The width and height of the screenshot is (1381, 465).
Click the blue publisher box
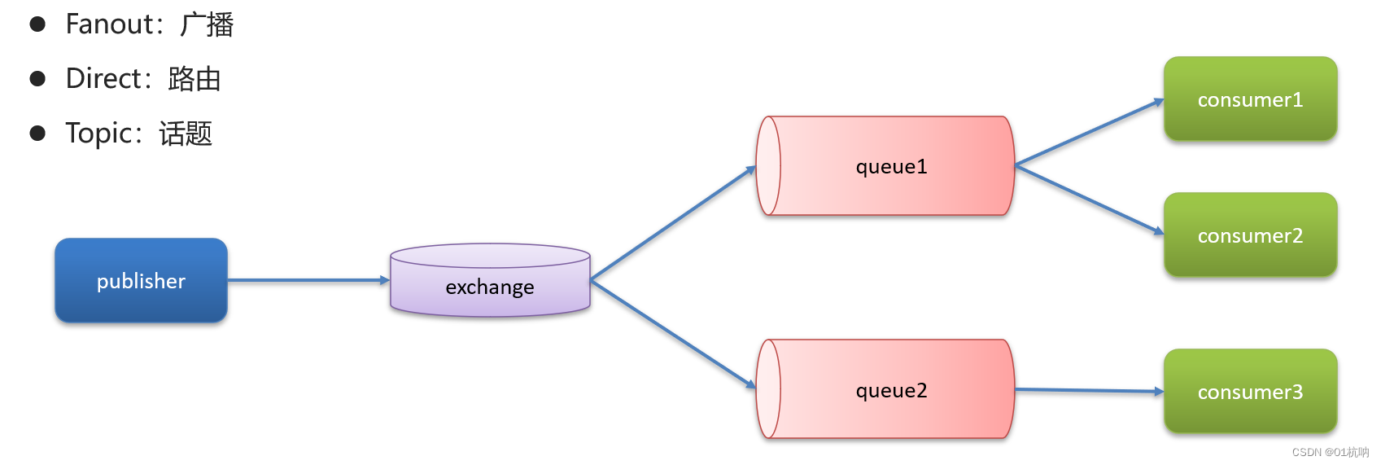(141, 281)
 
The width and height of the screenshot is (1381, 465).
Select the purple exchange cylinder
(490, 280)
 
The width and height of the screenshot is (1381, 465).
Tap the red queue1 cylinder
(885, 166)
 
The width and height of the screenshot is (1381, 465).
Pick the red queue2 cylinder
(885, 389)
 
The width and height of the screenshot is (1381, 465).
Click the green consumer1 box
(1250, 99)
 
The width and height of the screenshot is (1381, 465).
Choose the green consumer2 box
(1250, 235)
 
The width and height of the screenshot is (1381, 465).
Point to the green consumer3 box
(1250, 391)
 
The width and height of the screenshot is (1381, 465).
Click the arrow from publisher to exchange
(309, 280)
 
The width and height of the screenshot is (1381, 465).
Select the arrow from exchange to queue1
(673, 222)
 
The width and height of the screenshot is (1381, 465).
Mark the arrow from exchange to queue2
(673, 334)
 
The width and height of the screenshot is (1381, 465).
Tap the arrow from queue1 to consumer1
(1090, 132)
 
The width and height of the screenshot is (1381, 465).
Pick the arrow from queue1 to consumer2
(1090, 200)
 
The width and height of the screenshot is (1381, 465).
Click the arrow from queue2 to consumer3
(1090, 390)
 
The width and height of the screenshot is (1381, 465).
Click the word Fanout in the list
(110, 24)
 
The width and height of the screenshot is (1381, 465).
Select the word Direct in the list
(104, 79)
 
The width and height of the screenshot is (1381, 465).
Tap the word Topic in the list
(98, 134)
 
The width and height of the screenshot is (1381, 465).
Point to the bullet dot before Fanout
(37, 24)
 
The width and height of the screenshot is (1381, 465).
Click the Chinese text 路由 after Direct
(194, 79)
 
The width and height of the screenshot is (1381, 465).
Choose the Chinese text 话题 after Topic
(186, 134)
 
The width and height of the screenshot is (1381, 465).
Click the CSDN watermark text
(1331, 452)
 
